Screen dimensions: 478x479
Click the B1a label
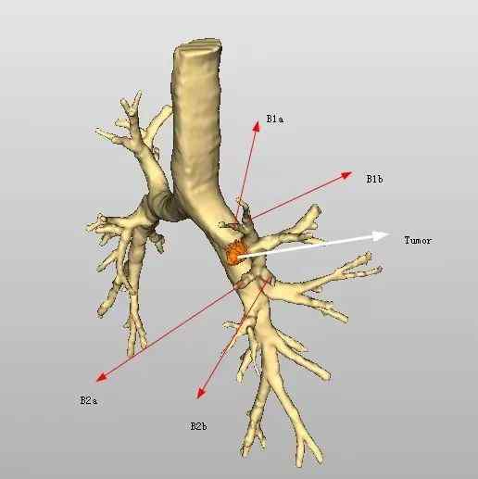point(275,119)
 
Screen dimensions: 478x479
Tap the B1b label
point(374,179)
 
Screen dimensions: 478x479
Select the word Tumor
point(418,240)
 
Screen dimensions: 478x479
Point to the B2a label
point(89,400)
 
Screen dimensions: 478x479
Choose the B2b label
point(198,426)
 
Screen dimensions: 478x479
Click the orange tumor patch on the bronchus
point(234,253)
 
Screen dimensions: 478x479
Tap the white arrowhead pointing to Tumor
point(381,236)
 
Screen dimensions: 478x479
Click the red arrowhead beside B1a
point(256,126)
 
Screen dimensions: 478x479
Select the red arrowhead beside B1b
point(346,175)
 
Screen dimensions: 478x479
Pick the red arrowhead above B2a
point(101,377)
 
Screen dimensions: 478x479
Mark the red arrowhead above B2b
point(201,393)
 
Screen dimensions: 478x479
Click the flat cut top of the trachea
point(197,45)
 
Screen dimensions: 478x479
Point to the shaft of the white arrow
point(306,246)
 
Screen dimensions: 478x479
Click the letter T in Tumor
point(407,240)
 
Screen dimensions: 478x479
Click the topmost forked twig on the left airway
point(132,104)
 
